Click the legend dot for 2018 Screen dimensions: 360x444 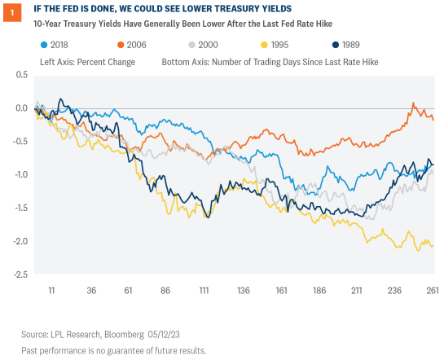coord(44,46)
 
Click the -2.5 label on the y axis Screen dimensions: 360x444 coord(21,274)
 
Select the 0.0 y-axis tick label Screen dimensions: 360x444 coord(23,108)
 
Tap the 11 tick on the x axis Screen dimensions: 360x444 coord(51,290)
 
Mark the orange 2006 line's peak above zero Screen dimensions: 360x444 coord(414,104)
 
